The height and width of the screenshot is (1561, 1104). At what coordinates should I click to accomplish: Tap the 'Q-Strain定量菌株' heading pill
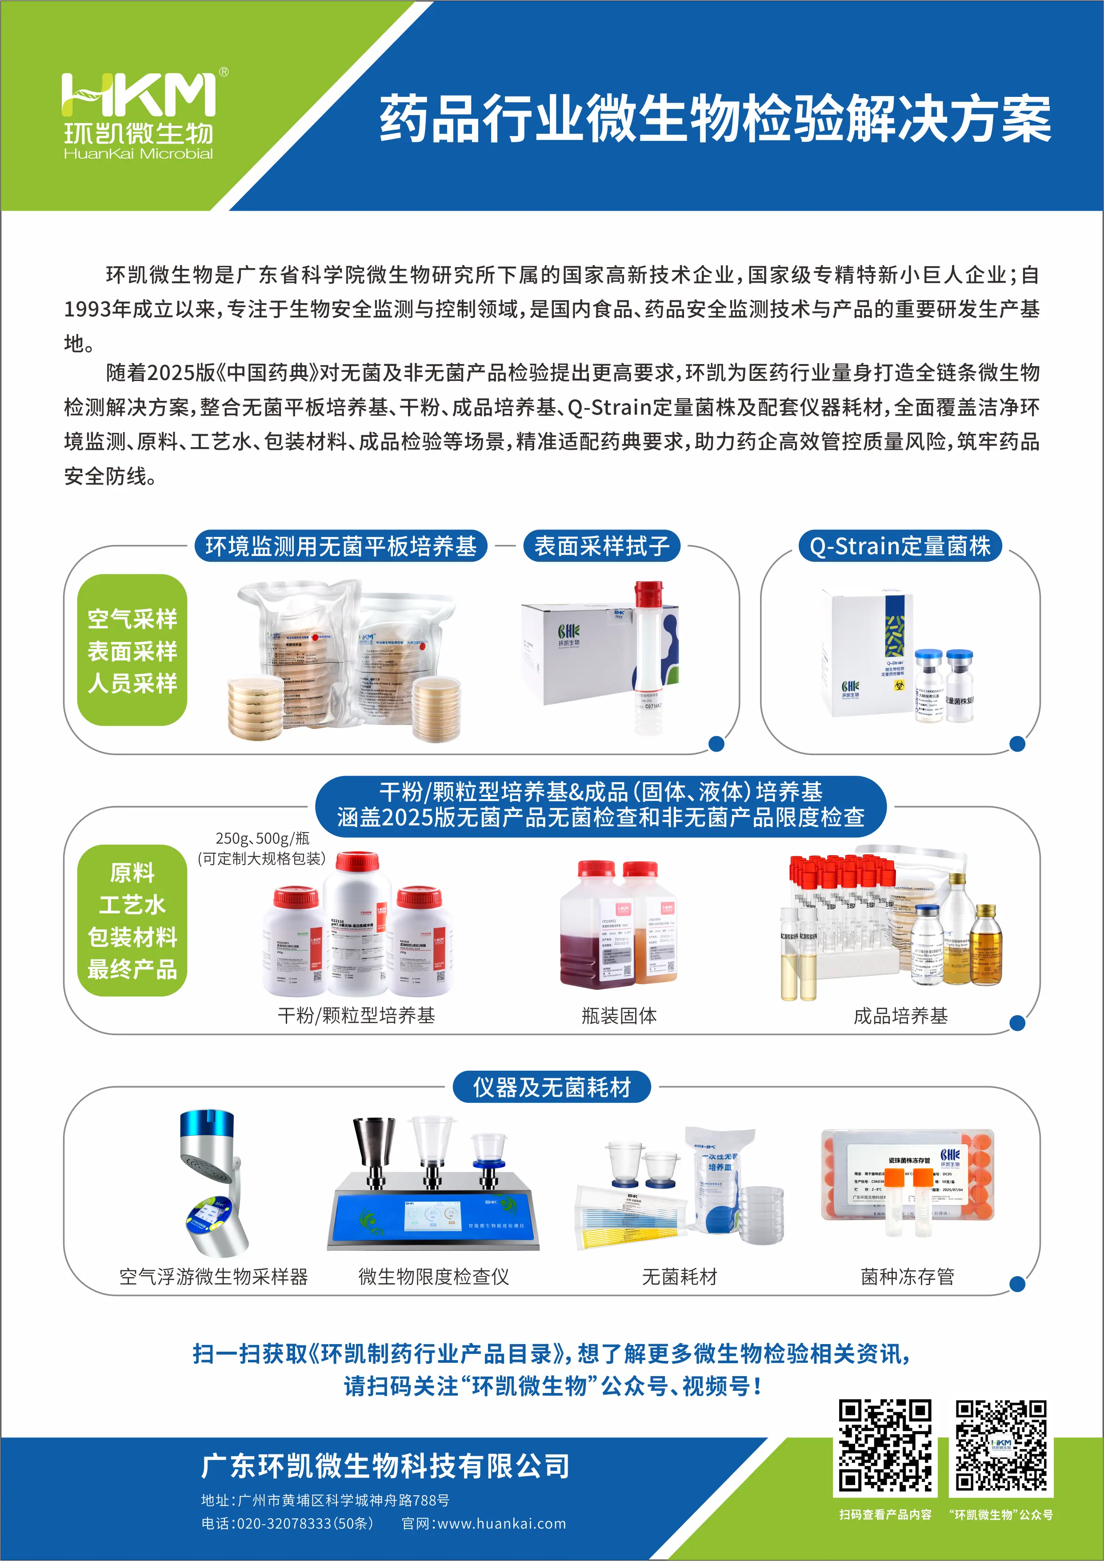900,546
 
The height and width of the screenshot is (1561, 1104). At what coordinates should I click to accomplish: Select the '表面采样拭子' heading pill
602,546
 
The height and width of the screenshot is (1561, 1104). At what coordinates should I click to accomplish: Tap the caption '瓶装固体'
619,1016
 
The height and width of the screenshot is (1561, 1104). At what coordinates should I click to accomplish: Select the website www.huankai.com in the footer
501,1524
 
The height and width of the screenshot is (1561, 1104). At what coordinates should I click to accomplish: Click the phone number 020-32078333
284,1524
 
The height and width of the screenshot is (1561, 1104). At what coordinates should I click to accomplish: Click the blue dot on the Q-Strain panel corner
1017,744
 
